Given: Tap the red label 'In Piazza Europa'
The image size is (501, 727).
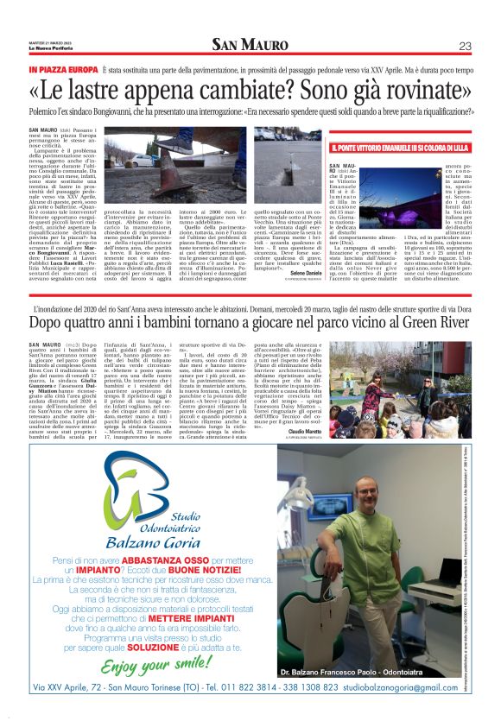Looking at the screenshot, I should pos(63,68).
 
